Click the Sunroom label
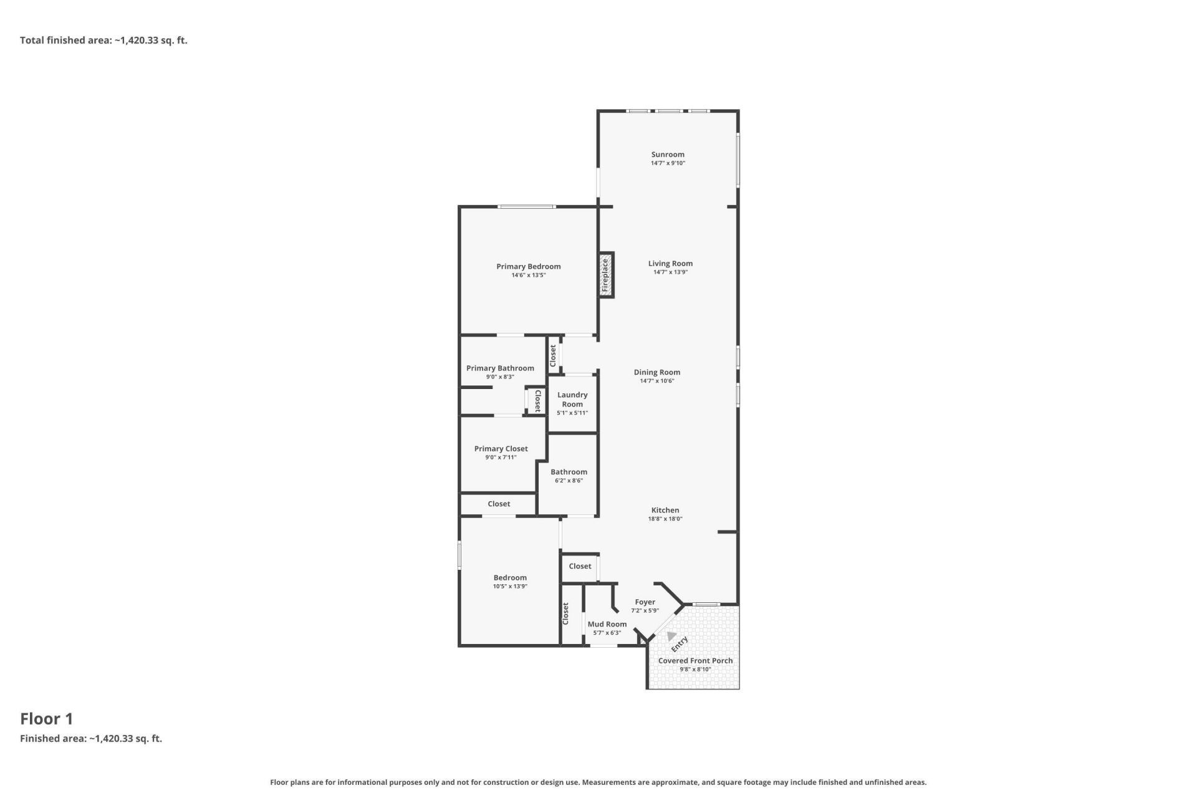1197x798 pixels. (668, 155)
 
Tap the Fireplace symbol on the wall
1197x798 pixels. (606, 275)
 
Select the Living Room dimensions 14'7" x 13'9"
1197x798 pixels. (670, 272)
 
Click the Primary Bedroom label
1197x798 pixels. (529, 266)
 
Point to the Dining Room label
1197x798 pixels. (657, 372)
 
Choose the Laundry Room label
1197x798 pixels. (572, 399)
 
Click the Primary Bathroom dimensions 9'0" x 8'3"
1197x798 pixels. (500, 377)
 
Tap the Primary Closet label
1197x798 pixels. (501, 448)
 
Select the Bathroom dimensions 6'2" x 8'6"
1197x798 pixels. (569, 481)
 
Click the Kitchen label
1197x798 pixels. (665, 510)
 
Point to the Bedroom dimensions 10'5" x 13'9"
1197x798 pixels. (510, 586)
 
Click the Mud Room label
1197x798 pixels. (607, 624)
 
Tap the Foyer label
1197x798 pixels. (645, 602)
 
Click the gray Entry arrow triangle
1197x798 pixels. (671, 637)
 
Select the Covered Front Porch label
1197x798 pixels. (696, 661)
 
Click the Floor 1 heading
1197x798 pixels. (47, 719)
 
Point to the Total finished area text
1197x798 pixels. (103, 41)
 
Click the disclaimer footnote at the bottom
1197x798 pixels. (598, 782)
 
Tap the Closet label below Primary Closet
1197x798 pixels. (499, 504)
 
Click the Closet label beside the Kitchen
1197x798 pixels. (580, 566)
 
